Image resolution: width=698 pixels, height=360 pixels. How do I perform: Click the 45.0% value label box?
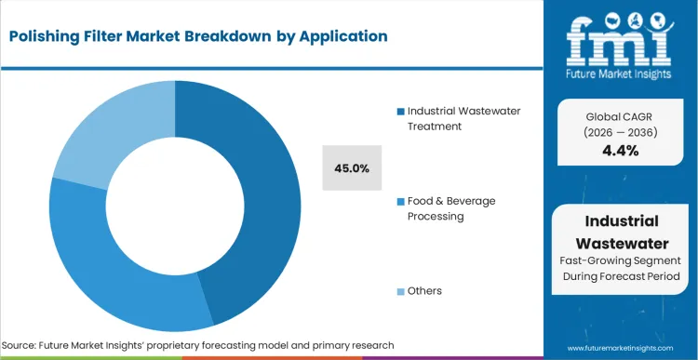pyautogui.click(x=352, y=168)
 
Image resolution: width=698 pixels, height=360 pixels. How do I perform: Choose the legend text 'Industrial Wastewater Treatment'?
pyautogui.click(x=463, y=118)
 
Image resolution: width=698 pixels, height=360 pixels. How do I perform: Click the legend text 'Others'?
pyautogui.click(x=424, y=291)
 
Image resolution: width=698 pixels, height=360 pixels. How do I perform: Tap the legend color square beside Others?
pyautogui.click(x=401, y=292)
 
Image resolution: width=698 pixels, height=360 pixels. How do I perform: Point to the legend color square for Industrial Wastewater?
pyautogui.click(x=401, y=112)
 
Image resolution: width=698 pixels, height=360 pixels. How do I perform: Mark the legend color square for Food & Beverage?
pyautogui.click(x=401, y=202)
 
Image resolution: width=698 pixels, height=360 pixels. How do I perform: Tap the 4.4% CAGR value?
pyautogui.click(x=620, y=151)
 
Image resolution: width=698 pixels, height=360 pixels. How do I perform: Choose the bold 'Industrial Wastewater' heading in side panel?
pyautogui.click(x=622, y=232)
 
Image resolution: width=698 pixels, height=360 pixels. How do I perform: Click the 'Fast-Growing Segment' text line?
pyautogui.click(x=622, y=261)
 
